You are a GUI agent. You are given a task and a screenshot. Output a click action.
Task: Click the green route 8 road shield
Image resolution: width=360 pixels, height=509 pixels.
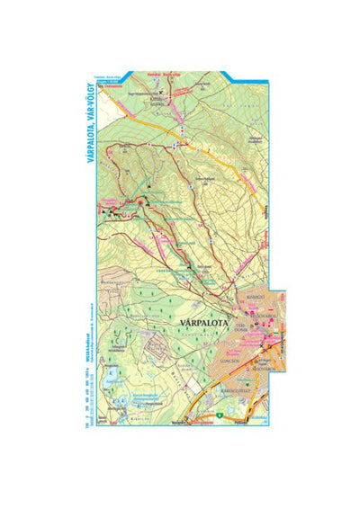[219, 415]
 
